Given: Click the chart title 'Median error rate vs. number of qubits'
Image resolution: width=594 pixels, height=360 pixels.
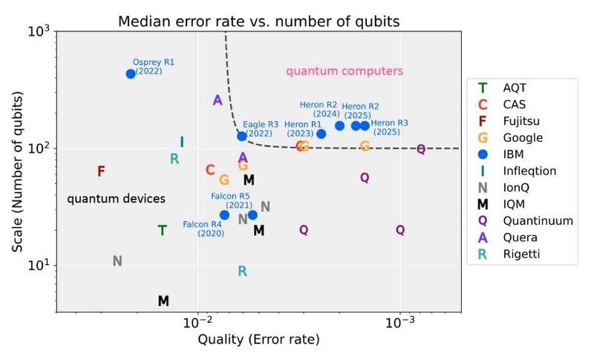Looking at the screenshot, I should pyautogui.click(x=258, y=21).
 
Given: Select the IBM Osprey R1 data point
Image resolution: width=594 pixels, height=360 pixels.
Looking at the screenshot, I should pyautogui.click(x=131, y=73).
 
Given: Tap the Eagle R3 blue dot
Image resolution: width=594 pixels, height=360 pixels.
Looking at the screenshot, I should pyautogui.click(x=242, y=136).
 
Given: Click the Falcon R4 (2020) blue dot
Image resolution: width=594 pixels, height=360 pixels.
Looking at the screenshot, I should pyautogui.click(x=225, y=215).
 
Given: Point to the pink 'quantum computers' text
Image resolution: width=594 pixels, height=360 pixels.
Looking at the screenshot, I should pyautogui.click(x=345, y=71).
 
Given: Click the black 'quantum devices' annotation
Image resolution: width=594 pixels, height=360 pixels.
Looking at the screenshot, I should pyautogui.click(x=116, y=199).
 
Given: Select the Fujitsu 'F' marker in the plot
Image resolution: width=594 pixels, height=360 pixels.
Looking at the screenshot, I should pyautogui.click(x=101, y=171).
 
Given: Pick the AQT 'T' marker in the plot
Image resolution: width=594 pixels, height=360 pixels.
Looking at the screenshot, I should pyautogui.click(x=162, y=230).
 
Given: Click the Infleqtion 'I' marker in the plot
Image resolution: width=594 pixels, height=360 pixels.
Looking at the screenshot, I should pyautogui.click(x=182, y=142).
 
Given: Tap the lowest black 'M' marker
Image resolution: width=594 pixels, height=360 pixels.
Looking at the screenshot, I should pyautogui.click(x=163, y=301).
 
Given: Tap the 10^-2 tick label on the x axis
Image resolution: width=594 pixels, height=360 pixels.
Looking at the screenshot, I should pyautogui.click(x=198, y=323).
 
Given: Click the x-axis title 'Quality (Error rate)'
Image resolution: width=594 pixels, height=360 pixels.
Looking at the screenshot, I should pyautogui.click(x=258, y=340).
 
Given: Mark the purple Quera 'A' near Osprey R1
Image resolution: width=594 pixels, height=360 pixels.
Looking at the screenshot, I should pyautogui.click(x=218, y=100).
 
